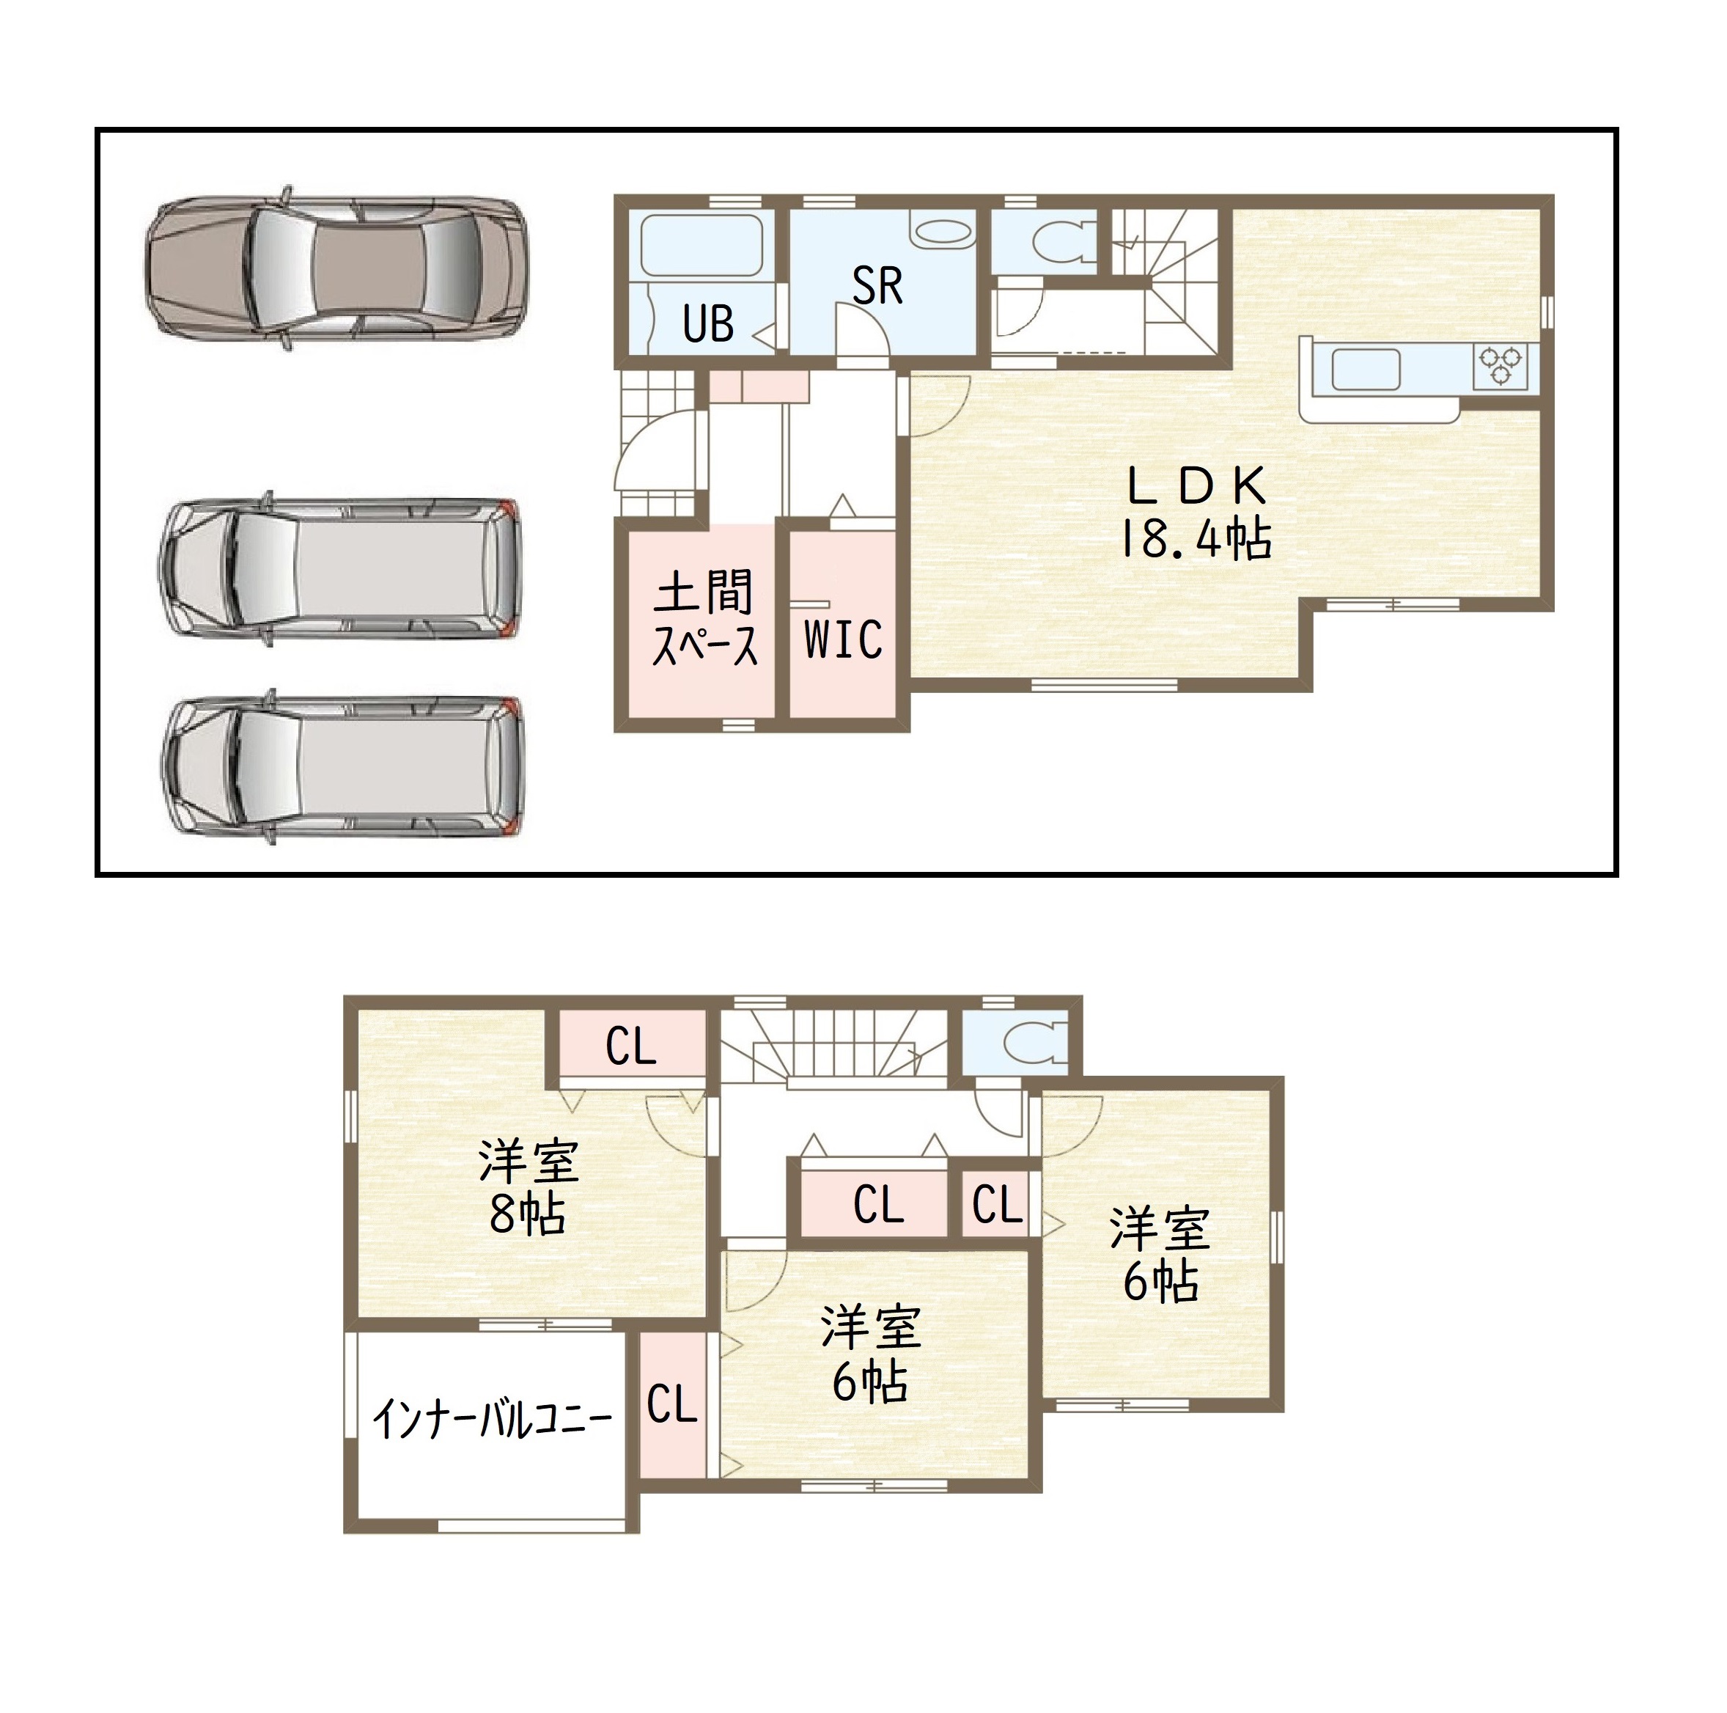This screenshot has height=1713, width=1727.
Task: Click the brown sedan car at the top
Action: click(x=335, y=268)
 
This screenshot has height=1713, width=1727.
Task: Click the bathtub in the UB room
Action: click(x=702, y=245)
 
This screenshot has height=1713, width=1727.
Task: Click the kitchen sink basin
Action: click(x=1366, y=370)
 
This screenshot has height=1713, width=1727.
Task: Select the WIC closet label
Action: click(x=843, y=639)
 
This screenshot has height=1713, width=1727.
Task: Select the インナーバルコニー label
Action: click(x=492, y=1419)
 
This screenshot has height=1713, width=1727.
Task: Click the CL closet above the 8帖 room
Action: click(x=632, y=1044)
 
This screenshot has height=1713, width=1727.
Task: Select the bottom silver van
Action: click(x=342, y=767)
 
